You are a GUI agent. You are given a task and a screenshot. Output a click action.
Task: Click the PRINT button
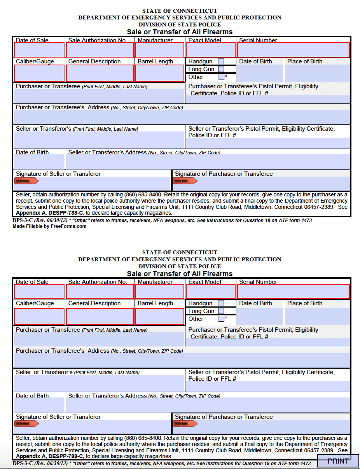pyautogui.click(x=338, y=461)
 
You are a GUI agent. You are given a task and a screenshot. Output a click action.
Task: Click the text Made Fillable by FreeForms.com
pyautogui.click(x=49, y=226)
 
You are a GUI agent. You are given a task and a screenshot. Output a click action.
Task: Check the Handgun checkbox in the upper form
pyautogui.click(x=221, y=61)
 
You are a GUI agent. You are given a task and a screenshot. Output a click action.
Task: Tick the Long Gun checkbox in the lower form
pyautogui.click(x=221, y=311)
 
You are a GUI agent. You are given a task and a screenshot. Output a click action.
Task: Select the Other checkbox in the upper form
pyautogui.click(x=221, y=77)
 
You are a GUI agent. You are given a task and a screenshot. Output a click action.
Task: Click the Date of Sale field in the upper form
pyautogui.click(x=39, y=50)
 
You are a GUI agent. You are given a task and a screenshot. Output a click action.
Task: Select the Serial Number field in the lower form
pyautogui.click(x=294, y=291)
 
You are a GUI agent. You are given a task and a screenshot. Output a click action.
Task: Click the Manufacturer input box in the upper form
pyautogui.click(x=160, y=50)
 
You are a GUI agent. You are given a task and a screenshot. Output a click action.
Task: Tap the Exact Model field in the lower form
pyautogui.click(x=211, y=291)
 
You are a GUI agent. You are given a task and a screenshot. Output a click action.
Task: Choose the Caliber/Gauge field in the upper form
pyautogui.click(x=39, y=73)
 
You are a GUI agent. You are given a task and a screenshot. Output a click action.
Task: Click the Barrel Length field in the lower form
pyautogui.click(x=160, y=317)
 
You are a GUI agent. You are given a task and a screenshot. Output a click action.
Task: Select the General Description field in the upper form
pyautogui.click(x=100, y=73)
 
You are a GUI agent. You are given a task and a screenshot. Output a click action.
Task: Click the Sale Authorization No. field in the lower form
pyautogui.click(x=100, y=291)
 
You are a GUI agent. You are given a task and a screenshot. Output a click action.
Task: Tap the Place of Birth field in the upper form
pyautogui.click(x=317, y=73)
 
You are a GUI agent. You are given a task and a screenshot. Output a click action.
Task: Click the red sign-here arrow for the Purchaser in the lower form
pyautogui.click(x=185, y=423)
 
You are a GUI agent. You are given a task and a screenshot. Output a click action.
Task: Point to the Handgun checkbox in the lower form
pyautogui.click(x=221, y=303)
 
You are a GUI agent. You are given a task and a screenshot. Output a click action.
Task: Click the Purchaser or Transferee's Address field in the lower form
pyautogui.click(x=182, y=360)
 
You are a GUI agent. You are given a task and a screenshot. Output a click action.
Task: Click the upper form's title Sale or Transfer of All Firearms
pyautogui.click(x=180, y=32)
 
